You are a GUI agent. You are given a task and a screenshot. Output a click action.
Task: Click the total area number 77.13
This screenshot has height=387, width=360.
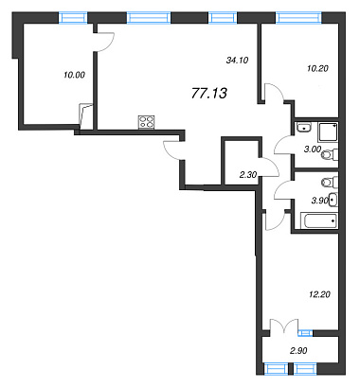pos(209,93)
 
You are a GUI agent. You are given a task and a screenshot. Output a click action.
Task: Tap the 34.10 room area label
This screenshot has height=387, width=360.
pos(238,60)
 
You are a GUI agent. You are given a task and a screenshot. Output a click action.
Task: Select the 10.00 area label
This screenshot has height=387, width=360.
pos(75,75)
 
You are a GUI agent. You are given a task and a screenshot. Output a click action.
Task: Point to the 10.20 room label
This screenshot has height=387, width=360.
pos(317,68)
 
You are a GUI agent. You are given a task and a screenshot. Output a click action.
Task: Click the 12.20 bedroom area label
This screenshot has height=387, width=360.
pos(319,294)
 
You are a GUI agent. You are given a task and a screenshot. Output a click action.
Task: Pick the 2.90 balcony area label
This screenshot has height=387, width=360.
pos(298,350)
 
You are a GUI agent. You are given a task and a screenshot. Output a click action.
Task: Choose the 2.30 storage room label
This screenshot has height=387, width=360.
pos(248,174)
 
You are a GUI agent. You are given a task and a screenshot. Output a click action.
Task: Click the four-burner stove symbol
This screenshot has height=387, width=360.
pos(147,122)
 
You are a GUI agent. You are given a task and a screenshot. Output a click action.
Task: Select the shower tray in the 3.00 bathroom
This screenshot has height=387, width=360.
pos(328,132)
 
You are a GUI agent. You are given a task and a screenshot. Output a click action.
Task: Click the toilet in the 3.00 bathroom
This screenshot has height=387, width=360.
pos(330,155)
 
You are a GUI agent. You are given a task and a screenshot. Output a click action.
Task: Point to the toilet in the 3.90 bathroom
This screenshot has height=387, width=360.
pos(330,182)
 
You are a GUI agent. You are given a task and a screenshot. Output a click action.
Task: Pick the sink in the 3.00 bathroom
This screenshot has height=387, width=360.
pos(304,127)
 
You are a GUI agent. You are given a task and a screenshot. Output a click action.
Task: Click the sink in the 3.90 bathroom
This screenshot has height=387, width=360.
pos(333,200)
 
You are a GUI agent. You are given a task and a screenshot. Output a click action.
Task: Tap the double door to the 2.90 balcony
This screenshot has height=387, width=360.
pos(284,325)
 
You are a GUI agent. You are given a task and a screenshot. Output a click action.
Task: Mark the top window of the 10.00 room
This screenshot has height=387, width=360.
pos(73,17)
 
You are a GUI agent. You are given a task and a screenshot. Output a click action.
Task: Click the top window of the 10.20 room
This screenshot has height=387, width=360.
pos(298,17)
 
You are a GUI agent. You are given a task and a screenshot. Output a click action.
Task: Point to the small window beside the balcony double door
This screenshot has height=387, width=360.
pos(305,333)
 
